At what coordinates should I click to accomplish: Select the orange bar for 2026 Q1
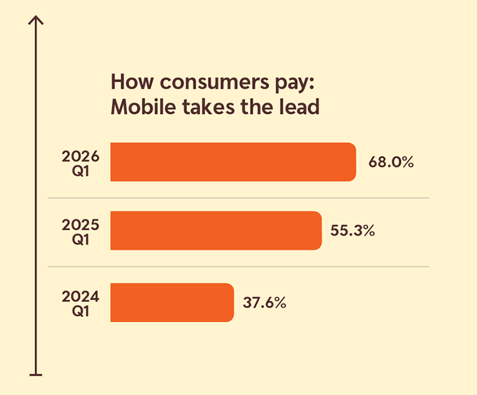point(233,162)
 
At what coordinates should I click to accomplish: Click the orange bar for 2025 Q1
point(216,230)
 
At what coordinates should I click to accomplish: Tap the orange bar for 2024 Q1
point(172,302)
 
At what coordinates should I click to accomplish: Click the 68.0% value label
point(391,162)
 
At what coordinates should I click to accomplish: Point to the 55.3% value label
point(353,230)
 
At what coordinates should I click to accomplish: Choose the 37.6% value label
point(265,302)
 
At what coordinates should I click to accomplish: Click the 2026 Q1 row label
point(81,162)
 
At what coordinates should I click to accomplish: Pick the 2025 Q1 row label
point(81,231)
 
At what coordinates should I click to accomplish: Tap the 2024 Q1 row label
point(81,302)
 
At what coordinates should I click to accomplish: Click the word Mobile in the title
point(139,107)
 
